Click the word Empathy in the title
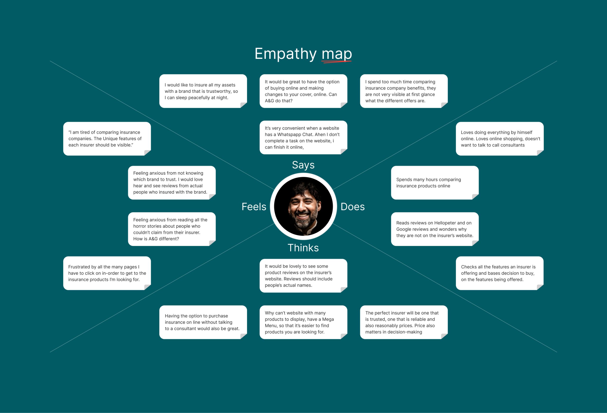click(x=285, y=54)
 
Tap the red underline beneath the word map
click(x=336, y=62)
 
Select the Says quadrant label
click(x=303, y=165)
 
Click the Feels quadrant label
click(x=254, y=207)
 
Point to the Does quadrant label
click(x=353, y=207)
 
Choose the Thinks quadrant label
click(x=303, y=248)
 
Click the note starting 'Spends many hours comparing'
click(x=435, y=183)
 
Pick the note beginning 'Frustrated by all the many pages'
click(x=107, y=273)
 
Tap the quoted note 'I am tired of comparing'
click(x=107, y=139)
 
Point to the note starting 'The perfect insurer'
click(x=404, y=322)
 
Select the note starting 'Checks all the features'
click(x=499, y=273)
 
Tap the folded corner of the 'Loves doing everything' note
click(x=540, y=153)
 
